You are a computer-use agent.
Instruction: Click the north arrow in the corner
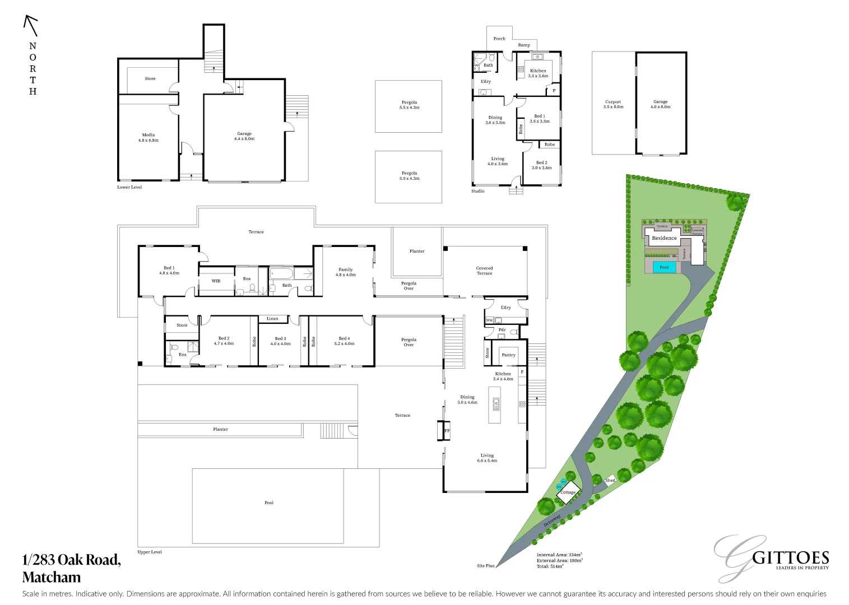[30, 26]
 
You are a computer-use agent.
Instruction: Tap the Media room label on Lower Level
[149, 137]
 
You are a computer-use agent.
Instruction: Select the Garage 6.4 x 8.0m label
[244, 136]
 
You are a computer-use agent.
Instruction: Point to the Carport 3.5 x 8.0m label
[613, 104]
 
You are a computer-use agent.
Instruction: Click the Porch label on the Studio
[499, 39]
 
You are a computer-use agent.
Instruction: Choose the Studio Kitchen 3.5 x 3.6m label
[538, 73]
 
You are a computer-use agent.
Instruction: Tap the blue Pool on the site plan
[664, 267]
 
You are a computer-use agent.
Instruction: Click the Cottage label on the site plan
[568, 492]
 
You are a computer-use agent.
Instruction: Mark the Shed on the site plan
[610, 480]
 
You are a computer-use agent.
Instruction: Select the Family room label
[346, 272]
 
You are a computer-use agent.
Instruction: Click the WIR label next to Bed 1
[216, 281]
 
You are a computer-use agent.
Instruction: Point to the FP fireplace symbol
[447, 431]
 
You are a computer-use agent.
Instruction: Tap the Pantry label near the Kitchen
[508, 355]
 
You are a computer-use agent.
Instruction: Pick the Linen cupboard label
[272, 319]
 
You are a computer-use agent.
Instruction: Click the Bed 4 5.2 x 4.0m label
[344, 341]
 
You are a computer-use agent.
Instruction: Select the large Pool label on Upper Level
[269, 502]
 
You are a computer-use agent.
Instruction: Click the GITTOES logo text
[790, 559]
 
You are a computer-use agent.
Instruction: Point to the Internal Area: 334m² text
[559, 555]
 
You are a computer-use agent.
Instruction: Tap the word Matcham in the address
[52, 577]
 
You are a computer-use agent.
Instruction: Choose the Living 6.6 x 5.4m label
[487, 458]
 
